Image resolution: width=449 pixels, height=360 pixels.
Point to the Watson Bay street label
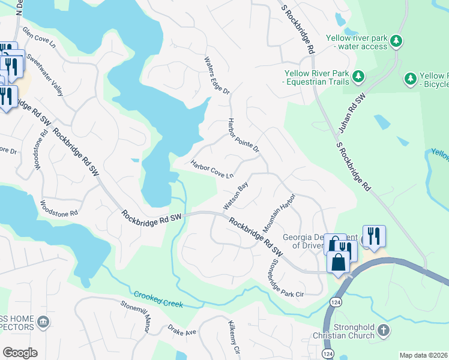pyautogui.click(x=236, y=196)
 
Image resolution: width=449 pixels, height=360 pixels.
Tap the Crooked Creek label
pyautogui.click(x=158, y=299)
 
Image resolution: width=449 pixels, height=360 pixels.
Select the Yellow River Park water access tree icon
pyautogui.click(x=396, y=40)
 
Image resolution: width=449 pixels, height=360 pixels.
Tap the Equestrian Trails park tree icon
pyautogui.click(x=358, y=76)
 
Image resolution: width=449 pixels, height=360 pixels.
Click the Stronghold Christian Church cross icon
pyautogui.click(x=384, y=330)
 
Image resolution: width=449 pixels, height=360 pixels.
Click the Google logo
pyautogui.click(x=19, y=353)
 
